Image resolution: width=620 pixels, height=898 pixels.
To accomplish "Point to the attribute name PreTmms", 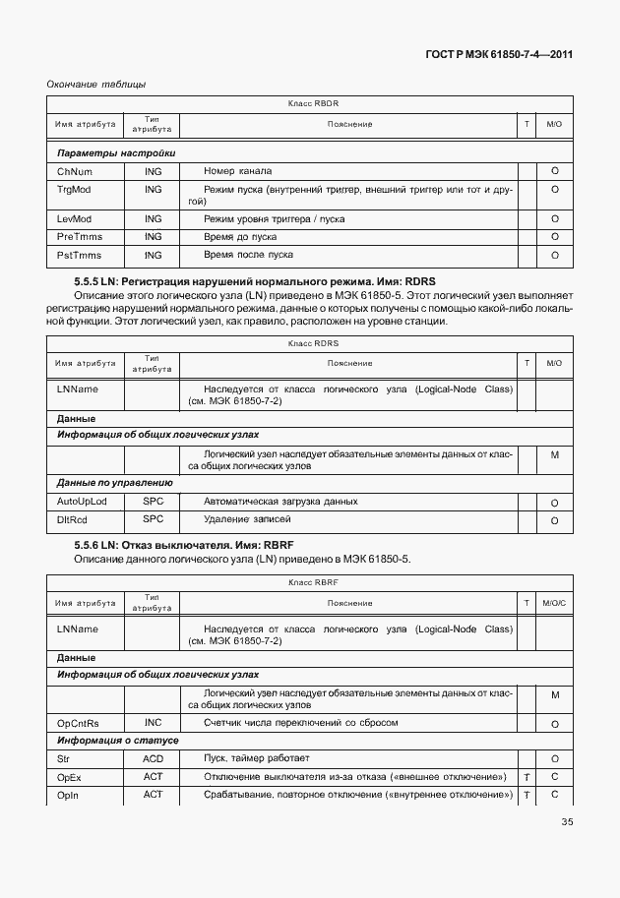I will pos(77,237).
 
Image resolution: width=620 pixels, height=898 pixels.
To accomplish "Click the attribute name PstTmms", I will pos(77,255).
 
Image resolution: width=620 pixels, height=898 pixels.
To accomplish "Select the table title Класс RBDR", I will pos(313,103).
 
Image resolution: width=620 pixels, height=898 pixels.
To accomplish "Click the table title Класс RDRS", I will pos(313,342).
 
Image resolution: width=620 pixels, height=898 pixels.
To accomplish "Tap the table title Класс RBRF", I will pos(313,582).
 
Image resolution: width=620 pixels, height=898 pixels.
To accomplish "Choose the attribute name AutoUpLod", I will pos(83,502).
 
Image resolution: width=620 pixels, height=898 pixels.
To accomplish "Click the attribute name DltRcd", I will pos(72,519).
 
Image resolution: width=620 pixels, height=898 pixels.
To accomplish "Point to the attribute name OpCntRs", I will pos(78,724).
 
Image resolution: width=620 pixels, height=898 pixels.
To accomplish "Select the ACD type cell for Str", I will pos(153,758).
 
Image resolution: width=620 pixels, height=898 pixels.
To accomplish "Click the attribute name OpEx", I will pos(68,777).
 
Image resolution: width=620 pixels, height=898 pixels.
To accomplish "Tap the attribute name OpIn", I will pos(67,795).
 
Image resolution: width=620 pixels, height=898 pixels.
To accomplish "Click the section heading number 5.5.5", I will pos(90,281).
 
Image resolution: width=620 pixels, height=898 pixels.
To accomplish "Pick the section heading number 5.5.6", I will pos(90,545).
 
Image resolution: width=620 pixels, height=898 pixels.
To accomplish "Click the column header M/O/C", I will pos(554,603).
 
